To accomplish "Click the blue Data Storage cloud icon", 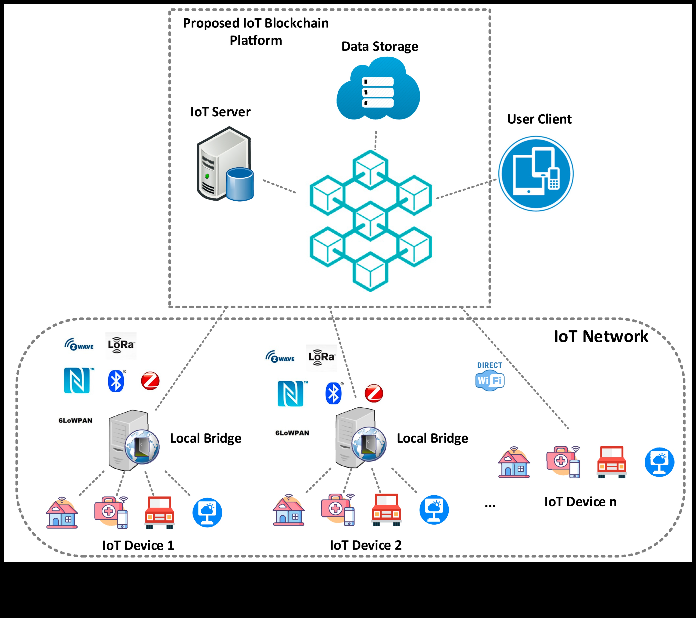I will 378,89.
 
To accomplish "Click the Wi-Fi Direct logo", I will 490,376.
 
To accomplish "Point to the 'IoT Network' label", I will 601,337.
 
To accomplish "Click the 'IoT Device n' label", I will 580,502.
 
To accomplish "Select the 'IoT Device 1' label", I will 138,545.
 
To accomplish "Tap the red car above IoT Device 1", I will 160,512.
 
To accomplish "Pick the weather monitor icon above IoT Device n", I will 659,462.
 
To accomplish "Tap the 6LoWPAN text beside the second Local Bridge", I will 292,433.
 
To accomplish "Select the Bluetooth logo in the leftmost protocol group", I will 116,381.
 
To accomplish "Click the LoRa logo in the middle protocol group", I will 321,357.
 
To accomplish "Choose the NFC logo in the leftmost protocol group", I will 77,381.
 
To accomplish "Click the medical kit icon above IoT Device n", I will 563,462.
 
